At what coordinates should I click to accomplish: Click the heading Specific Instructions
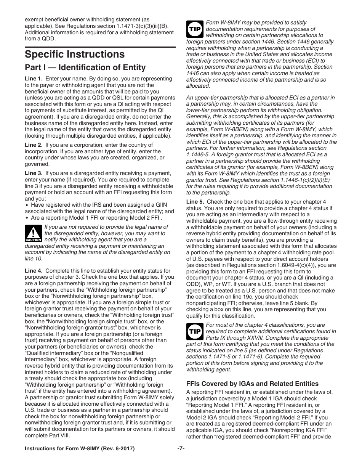[x=75, y=54]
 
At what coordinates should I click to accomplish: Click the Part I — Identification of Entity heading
[x=85, y=68]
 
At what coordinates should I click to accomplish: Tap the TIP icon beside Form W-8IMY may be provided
[x=195, y=29]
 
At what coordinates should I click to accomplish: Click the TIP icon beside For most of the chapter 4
[x=195, y=331]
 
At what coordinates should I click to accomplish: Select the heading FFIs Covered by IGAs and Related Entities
[x=252, y=384]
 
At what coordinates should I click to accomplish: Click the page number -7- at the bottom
[x=181, y=448]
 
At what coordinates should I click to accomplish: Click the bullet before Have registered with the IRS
[x=27, y=205]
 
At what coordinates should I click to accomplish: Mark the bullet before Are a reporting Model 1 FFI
[x=27, y=218]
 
